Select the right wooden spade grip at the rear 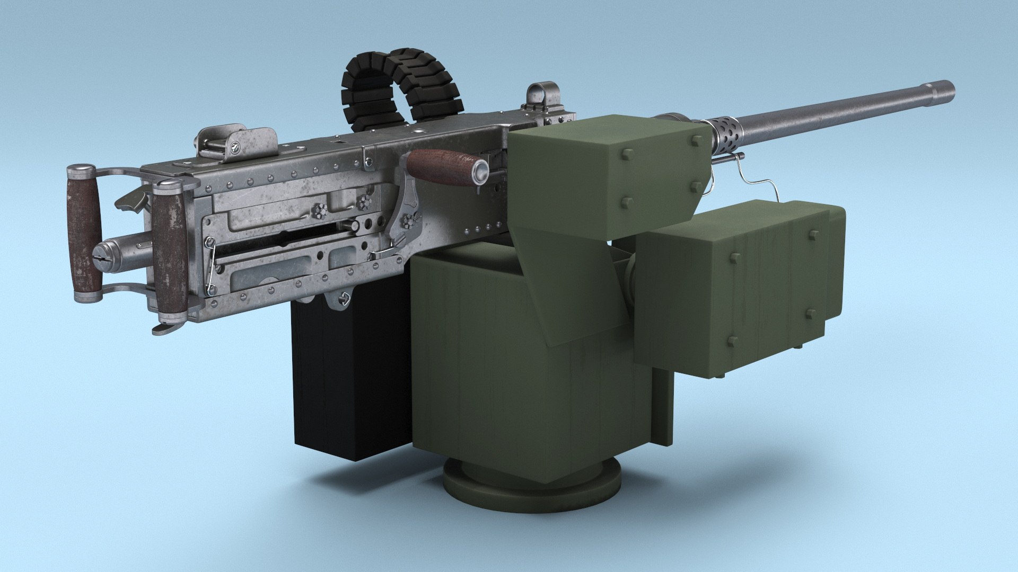click(171, 252)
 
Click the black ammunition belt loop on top click(403, 85)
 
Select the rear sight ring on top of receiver click(541, 95)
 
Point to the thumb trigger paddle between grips click(133, 199)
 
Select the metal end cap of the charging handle click(481, 172)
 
